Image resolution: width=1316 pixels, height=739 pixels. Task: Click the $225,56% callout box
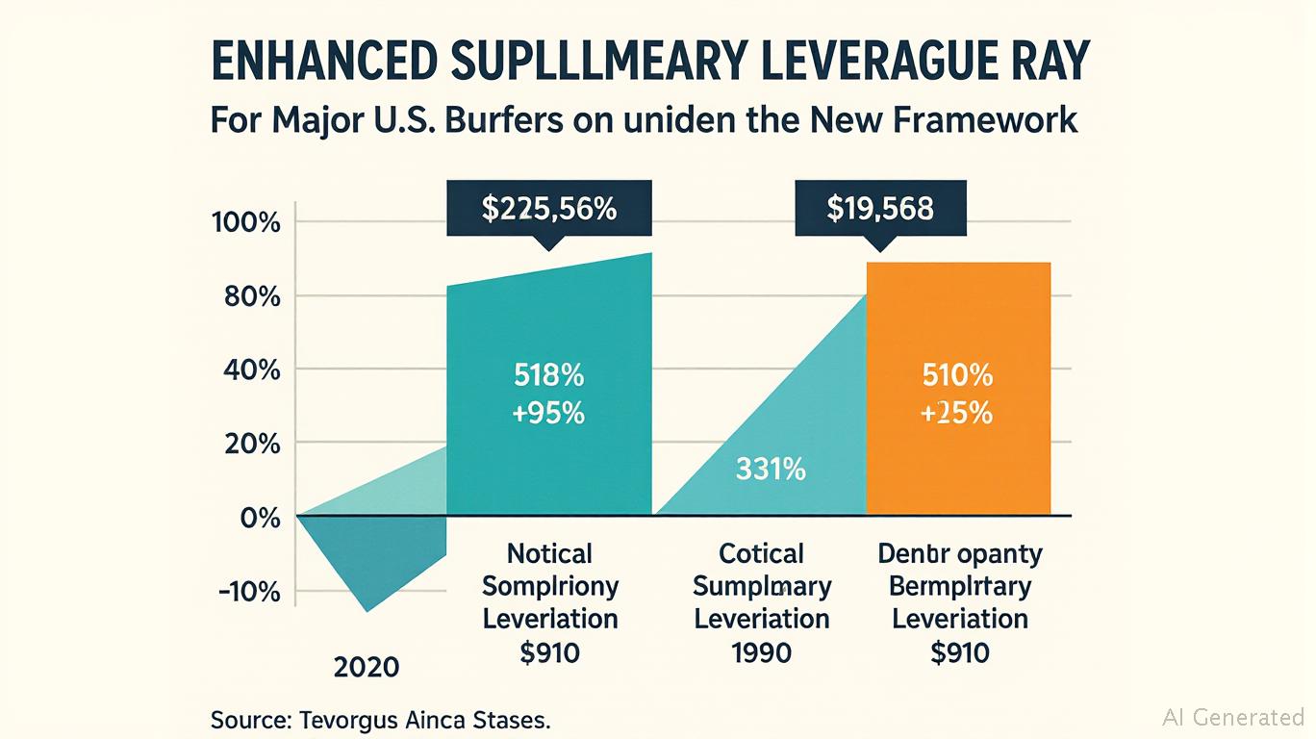(548, 209)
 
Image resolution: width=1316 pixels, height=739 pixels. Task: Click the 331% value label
(771, 471)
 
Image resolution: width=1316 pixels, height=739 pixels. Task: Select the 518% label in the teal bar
(548, 375)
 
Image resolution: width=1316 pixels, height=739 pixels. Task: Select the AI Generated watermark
(1232, 717)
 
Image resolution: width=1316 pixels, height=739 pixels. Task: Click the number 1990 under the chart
(761, 652)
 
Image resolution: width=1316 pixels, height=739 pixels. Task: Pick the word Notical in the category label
(549, 554)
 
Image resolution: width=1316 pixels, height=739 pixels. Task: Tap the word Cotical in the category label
(761, 554)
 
